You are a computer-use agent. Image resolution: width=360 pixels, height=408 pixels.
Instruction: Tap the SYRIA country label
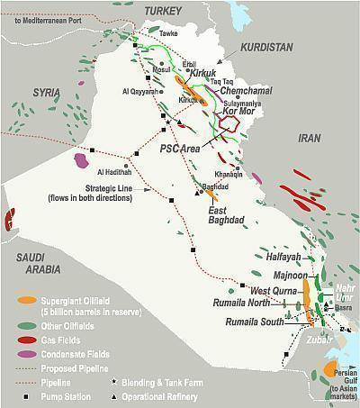pyautogui.click(x=49, y=92)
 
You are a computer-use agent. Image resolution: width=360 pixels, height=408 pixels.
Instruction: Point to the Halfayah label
pyautogui.click(x=268, y=258)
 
